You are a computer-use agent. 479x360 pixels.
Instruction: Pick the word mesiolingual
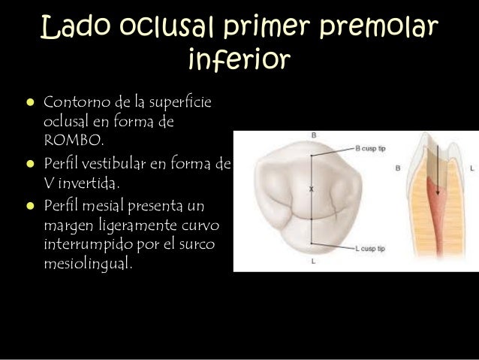pyautogui.click(x=87, y=263)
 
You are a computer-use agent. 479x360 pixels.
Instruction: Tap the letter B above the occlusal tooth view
pyautogui.click(x=313, y=136)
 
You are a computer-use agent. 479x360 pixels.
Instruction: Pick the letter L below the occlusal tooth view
pyautogui.click(x=312, y=261)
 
